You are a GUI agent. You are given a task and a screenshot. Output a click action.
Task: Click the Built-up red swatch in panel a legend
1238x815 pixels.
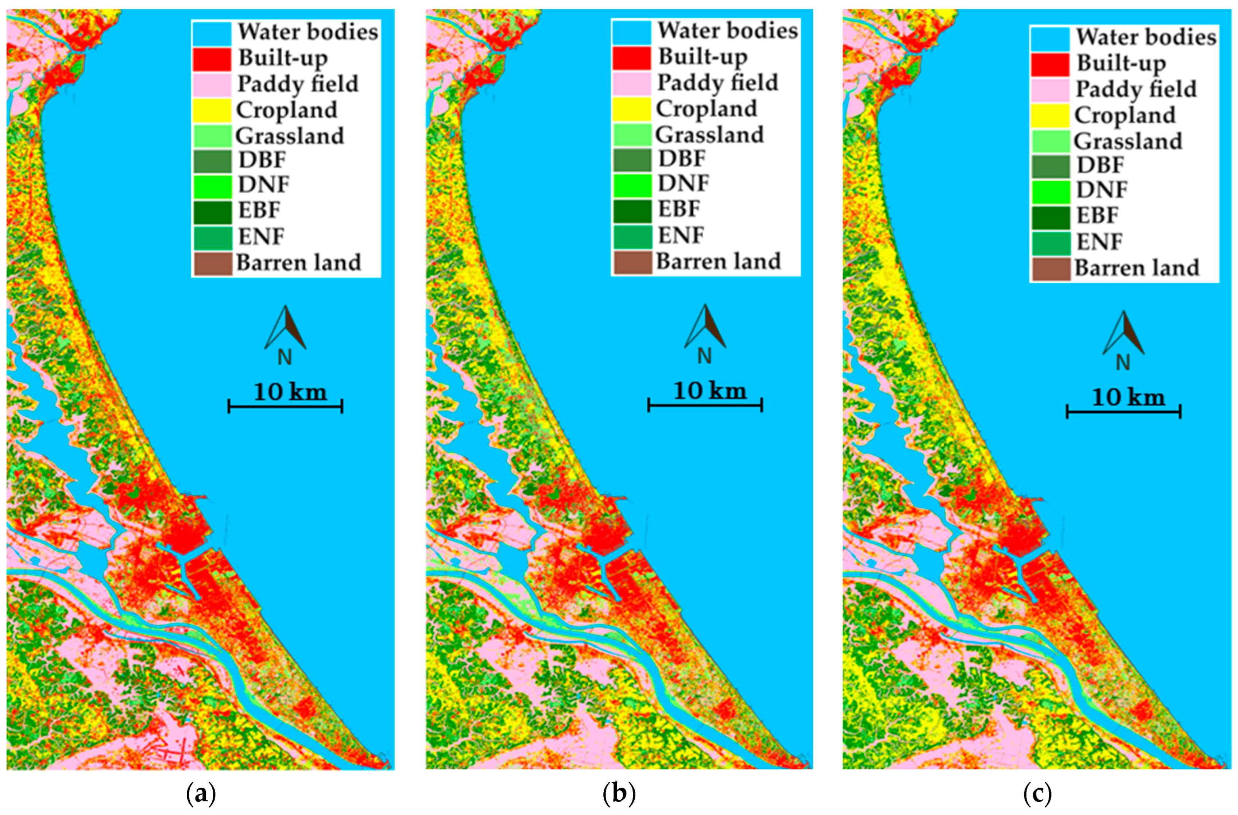point(212,59)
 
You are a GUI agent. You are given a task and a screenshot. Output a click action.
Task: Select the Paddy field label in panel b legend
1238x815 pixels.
point(717,83)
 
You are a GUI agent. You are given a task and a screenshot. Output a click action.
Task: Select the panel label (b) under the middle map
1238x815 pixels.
point(619,794)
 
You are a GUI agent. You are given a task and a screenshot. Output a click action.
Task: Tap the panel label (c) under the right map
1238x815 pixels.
point(1037,794)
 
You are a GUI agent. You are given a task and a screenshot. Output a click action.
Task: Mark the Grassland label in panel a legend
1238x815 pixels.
point(290,136)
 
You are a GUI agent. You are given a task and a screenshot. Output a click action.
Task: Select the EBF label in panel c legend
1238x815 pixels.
point(1098,215)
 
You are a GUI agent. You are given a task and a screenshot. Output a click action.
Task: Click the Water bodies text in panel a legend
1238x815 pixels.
point(308,32)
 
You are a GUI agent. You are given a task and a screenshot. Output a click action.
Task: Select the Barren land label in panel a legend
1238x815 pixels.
point(299,263)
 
